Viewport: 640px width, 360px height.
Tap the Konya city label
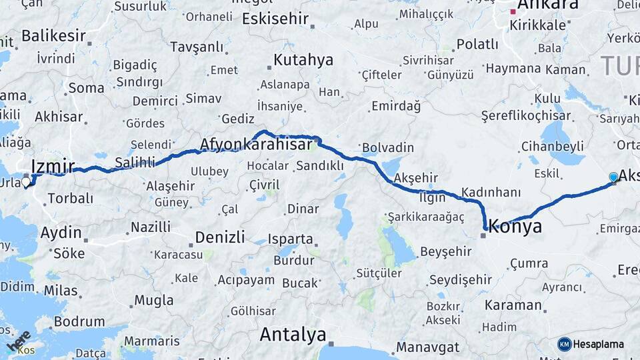coord(515,227)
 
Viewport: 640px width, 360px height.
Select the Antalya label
coord(293,334)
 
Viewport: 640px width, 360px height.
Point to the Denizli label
coord(222,237)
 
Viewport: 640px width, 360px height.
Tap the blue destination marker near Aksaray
coord(613,177)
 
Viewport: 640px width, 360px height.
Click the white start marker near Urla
coord(26,181)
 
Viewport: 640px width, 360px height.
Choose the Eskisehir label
coord(275,19)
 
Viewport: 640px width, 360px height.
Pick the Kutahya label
coord(303,60)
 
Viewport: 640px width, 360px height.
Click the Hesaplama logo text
coord(599,344)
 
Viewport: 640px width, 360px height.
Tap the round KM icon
coord(565,344)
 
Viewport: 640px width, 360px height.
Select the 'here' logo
coord(19,341)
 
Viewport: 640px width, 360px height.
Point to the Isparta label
coord(290,239)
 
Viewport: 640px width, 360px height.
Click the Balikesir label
coord(54,35)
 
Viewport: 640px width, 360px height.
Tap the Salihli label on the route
coord(135,162)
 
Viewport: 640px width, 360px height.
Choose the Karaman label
coord(513,305)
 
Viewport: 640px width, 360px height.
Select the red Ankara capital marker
coord(513,11)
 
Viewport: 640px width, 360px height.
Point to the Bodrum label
coord(79,321)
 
